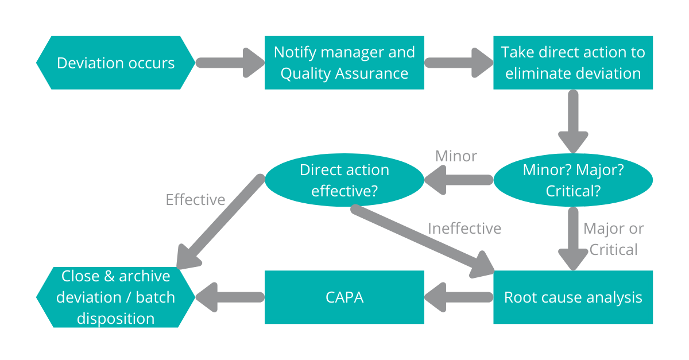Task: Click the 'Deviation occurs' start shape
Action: pos(115,63)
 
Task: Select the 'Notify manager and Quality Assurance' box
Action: pos(344,63)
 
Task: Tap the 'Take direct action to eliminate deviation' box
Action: pos(572,63)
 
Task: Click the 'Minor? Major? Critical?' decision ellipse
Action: pos(572,180)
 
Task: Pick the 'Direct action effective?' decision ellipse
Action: pos(344,180)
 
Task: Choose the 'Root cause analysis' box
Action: pos(572,297)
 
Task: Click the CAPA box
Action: pos(344,297)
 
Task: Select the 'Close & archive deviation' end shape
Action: pos(115,297)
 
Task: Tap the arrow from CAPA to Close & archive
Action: pos(230,297)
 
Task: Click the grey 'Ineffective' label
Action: pos(464,229)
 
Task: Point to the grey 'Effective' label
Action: pos(195,200)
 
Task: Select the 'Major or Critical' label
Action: pos(613,239)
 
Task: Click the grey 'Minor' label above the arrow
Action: pos(456,156)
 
